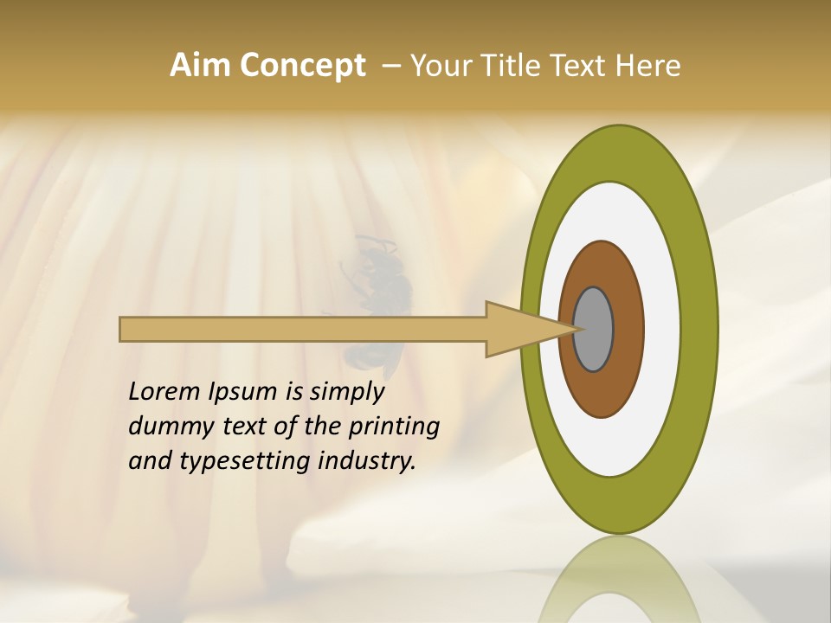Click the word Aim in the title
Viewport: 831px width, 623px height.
[x=200, y=66]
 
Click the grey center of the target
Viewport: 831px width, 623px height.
[x=594, y=330]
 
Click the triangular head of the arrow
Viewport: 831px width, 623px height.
[x=519, y=330]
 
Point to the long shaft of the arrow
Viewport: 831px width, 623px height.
[x=303, y=330]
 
